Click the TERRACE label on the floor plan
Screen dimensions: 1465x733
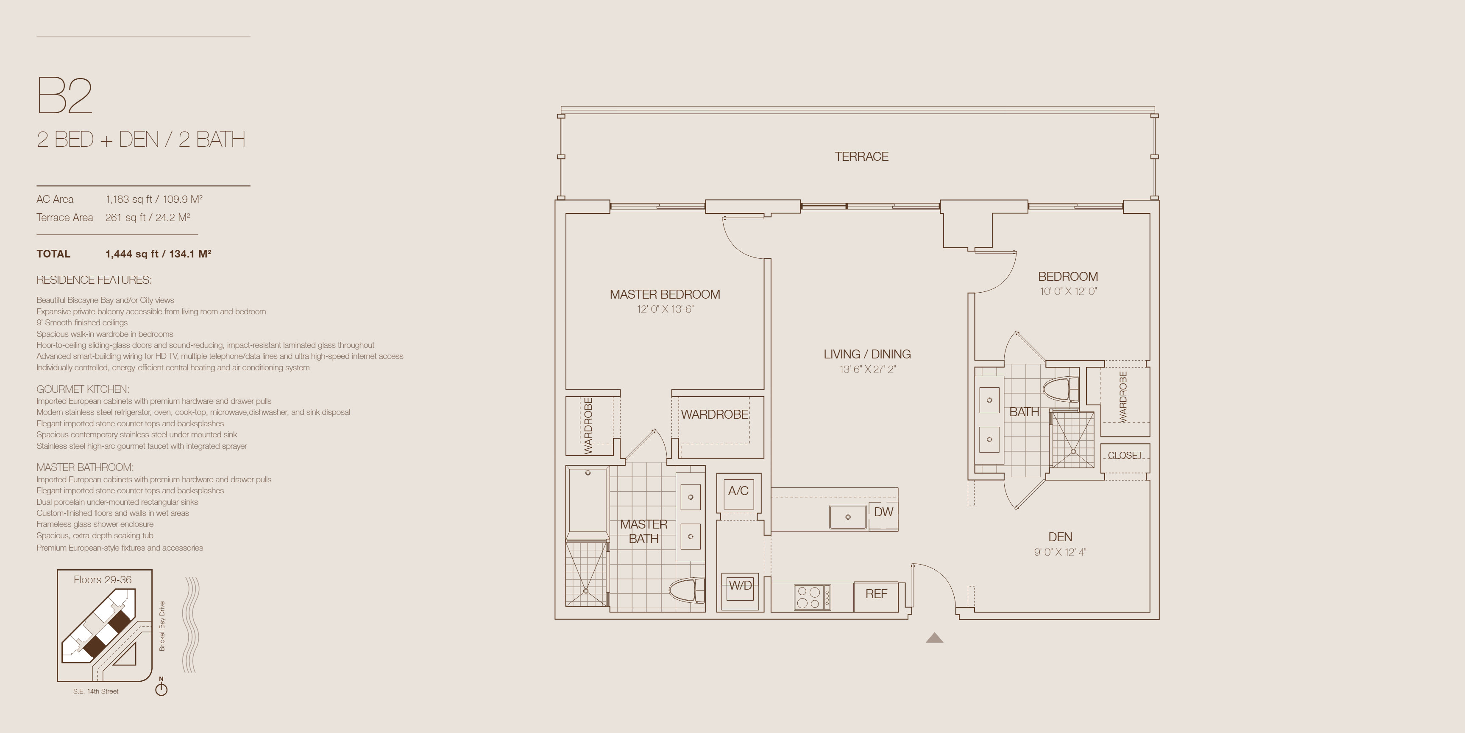click(861, 157)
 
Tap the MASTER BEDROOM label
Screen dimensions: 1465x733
click(665, 294)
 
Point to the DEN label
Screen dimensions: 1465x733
click(1060, 537)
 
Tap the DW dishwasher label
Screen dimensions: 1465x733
click(883, 512)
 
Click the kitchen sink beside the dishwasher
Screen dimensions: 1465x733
click(847, 517)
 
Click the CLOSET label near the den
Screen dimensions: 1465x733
click(1125, 455)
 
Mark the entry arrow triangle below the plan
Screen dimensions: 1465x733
click(934, 638)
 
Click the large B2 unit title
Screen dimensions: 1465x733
click(64, 95)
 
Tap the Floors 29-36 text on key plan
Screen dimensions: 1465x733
click(102, 580)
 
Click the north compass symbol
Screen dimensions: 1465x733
click(162, 688)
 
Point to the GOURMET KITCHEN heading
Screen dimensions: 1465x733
click(83, 389)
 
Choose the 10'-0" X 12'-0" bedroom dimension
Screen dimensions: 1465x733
click(1068, 291)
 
